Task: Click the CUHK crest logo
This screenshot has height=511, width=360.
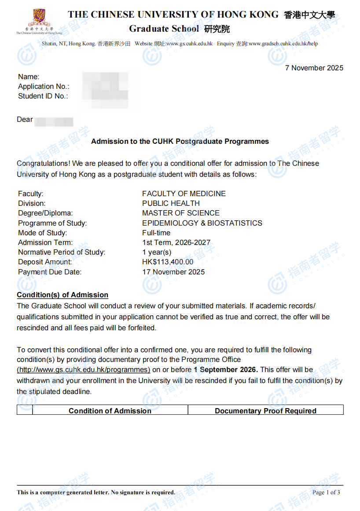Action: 39,18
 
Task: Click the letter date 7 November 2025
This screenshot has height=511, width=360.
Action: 314,68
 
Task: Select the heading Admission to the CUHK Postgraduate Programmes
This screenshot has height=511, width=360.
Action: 180,142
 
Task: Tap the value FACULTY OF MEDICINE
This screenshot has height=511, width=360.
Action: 184,193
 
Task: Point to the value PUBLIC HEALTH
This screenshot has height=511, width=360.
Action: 171,203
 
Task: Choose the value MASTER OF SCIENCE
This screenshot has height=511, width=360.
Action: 180,213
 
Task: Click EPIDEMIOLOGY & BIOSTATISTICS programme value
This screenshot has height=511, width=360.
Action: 202,223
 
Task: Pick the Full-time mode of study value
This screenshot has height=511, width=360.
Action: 156,233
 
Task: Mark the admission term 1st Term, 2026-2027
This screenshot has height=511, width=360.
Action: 176,243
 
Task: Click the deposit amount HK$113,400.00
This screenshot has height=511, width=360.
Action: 168,262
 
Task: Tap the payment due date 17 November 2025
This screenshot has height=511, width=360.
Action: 173,272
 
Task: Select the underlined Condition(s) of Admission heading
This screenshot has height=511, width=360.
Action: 62,295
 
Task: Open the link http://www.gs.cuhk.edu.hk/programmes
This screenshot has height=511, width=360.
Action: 84,370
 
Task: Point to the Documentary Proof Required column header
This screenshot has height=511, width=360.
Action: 265,411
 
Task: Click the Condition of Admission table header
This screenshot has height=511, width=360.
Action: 110,411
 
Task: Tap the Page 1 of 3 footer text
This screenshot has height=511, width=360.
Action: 326,492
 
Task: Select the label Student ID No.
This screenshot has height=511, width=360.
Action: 43,96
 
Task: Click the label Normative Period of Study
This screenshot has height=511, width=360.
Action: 62,252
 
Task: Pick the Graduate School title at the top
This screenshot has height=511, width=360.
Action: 164,29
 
